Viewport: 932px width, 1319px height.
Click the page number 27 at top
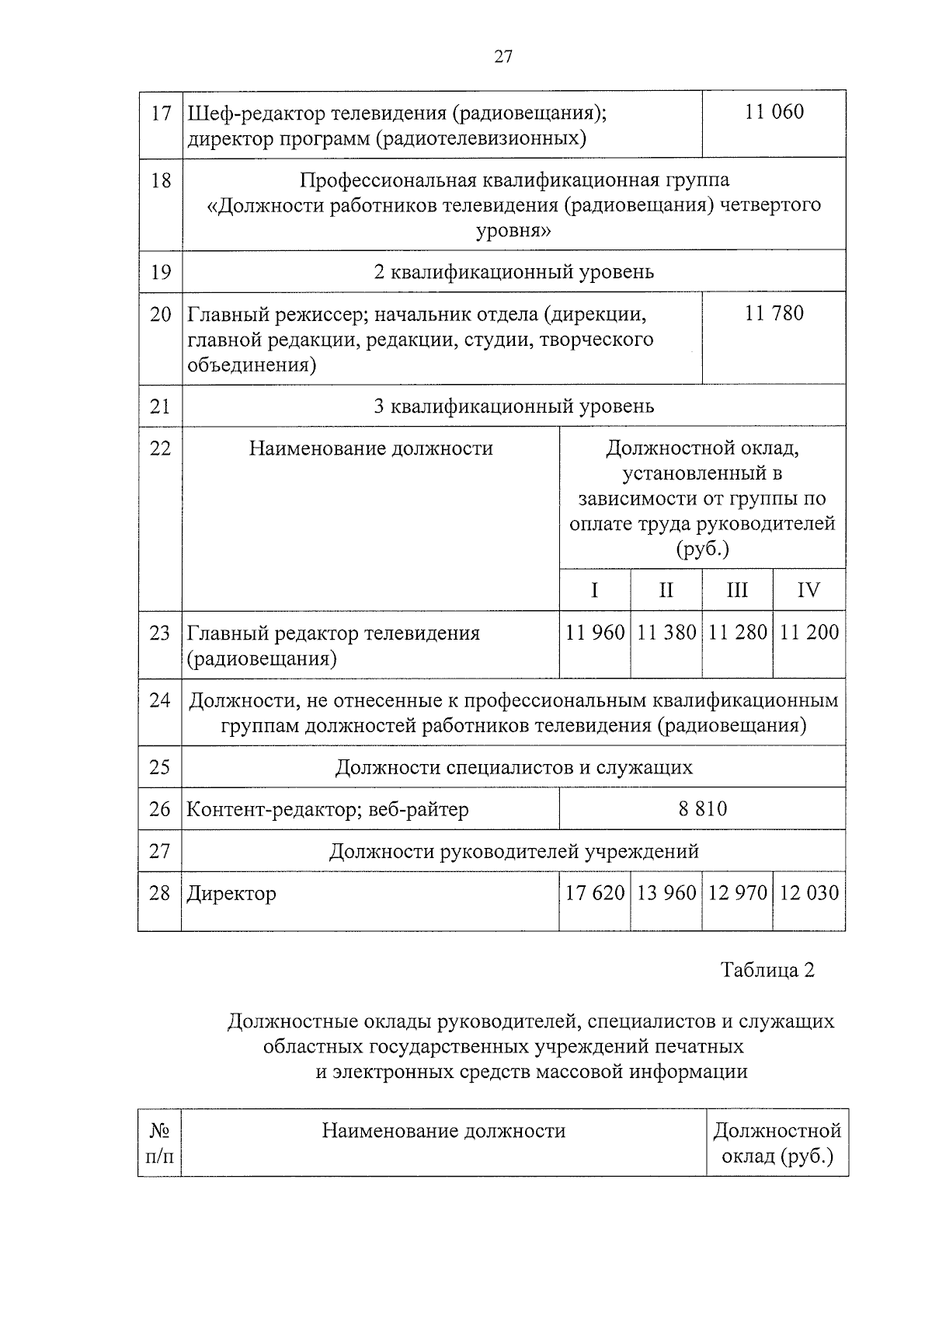coord(503,57)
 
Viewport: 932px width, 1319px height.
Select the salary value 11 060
coord(774,112)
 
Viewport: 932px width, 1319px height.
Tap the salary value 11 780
coord(774,314)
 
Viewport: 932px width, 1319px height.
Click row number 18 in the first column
coord(160,180)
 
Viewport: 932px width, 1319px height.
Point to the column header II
coord(666,590)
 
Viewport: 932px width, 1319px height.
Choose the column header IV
coord(809,590)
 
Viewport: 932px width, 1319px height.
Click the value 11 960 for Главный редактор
coord(595,633)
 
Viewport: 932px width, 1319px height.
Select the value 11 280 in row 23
coord(737,633)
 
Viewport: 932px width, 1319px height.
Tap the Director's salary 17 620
coord(595,893)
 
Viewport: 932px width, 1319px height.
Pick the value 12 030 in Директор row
coord(809,893)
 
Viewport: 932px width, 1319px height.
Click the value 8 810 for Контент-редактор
coord(702,809)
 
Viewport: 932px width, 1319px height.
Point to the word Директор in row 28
coord(231,894)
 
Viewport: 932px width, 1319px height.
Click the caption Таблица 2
coord(767,970)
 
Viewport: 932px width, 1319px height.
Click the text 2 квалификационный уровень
coord(513,272)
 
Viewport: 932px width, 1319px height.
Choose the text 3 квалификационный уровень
coord(513,406)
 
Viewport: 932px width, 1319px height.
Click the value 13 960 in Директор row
coord(666,893)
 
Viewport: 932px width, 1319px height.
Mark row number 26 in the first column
coord(159,809)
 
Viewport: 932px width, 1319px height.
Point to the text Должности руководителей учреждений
coord(513,851)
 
